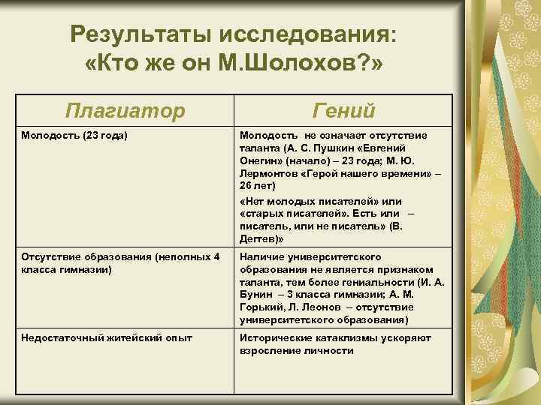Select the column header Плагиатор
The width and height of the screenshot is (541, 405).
tap(125, 111)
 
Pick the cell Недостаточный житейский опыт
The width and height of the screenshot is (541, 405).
tap(106, 338)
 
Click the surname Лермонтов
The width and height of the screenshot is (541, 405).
tap(268, 172)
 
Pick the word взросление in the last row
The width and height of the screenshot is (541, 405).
tap(269, 350)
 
